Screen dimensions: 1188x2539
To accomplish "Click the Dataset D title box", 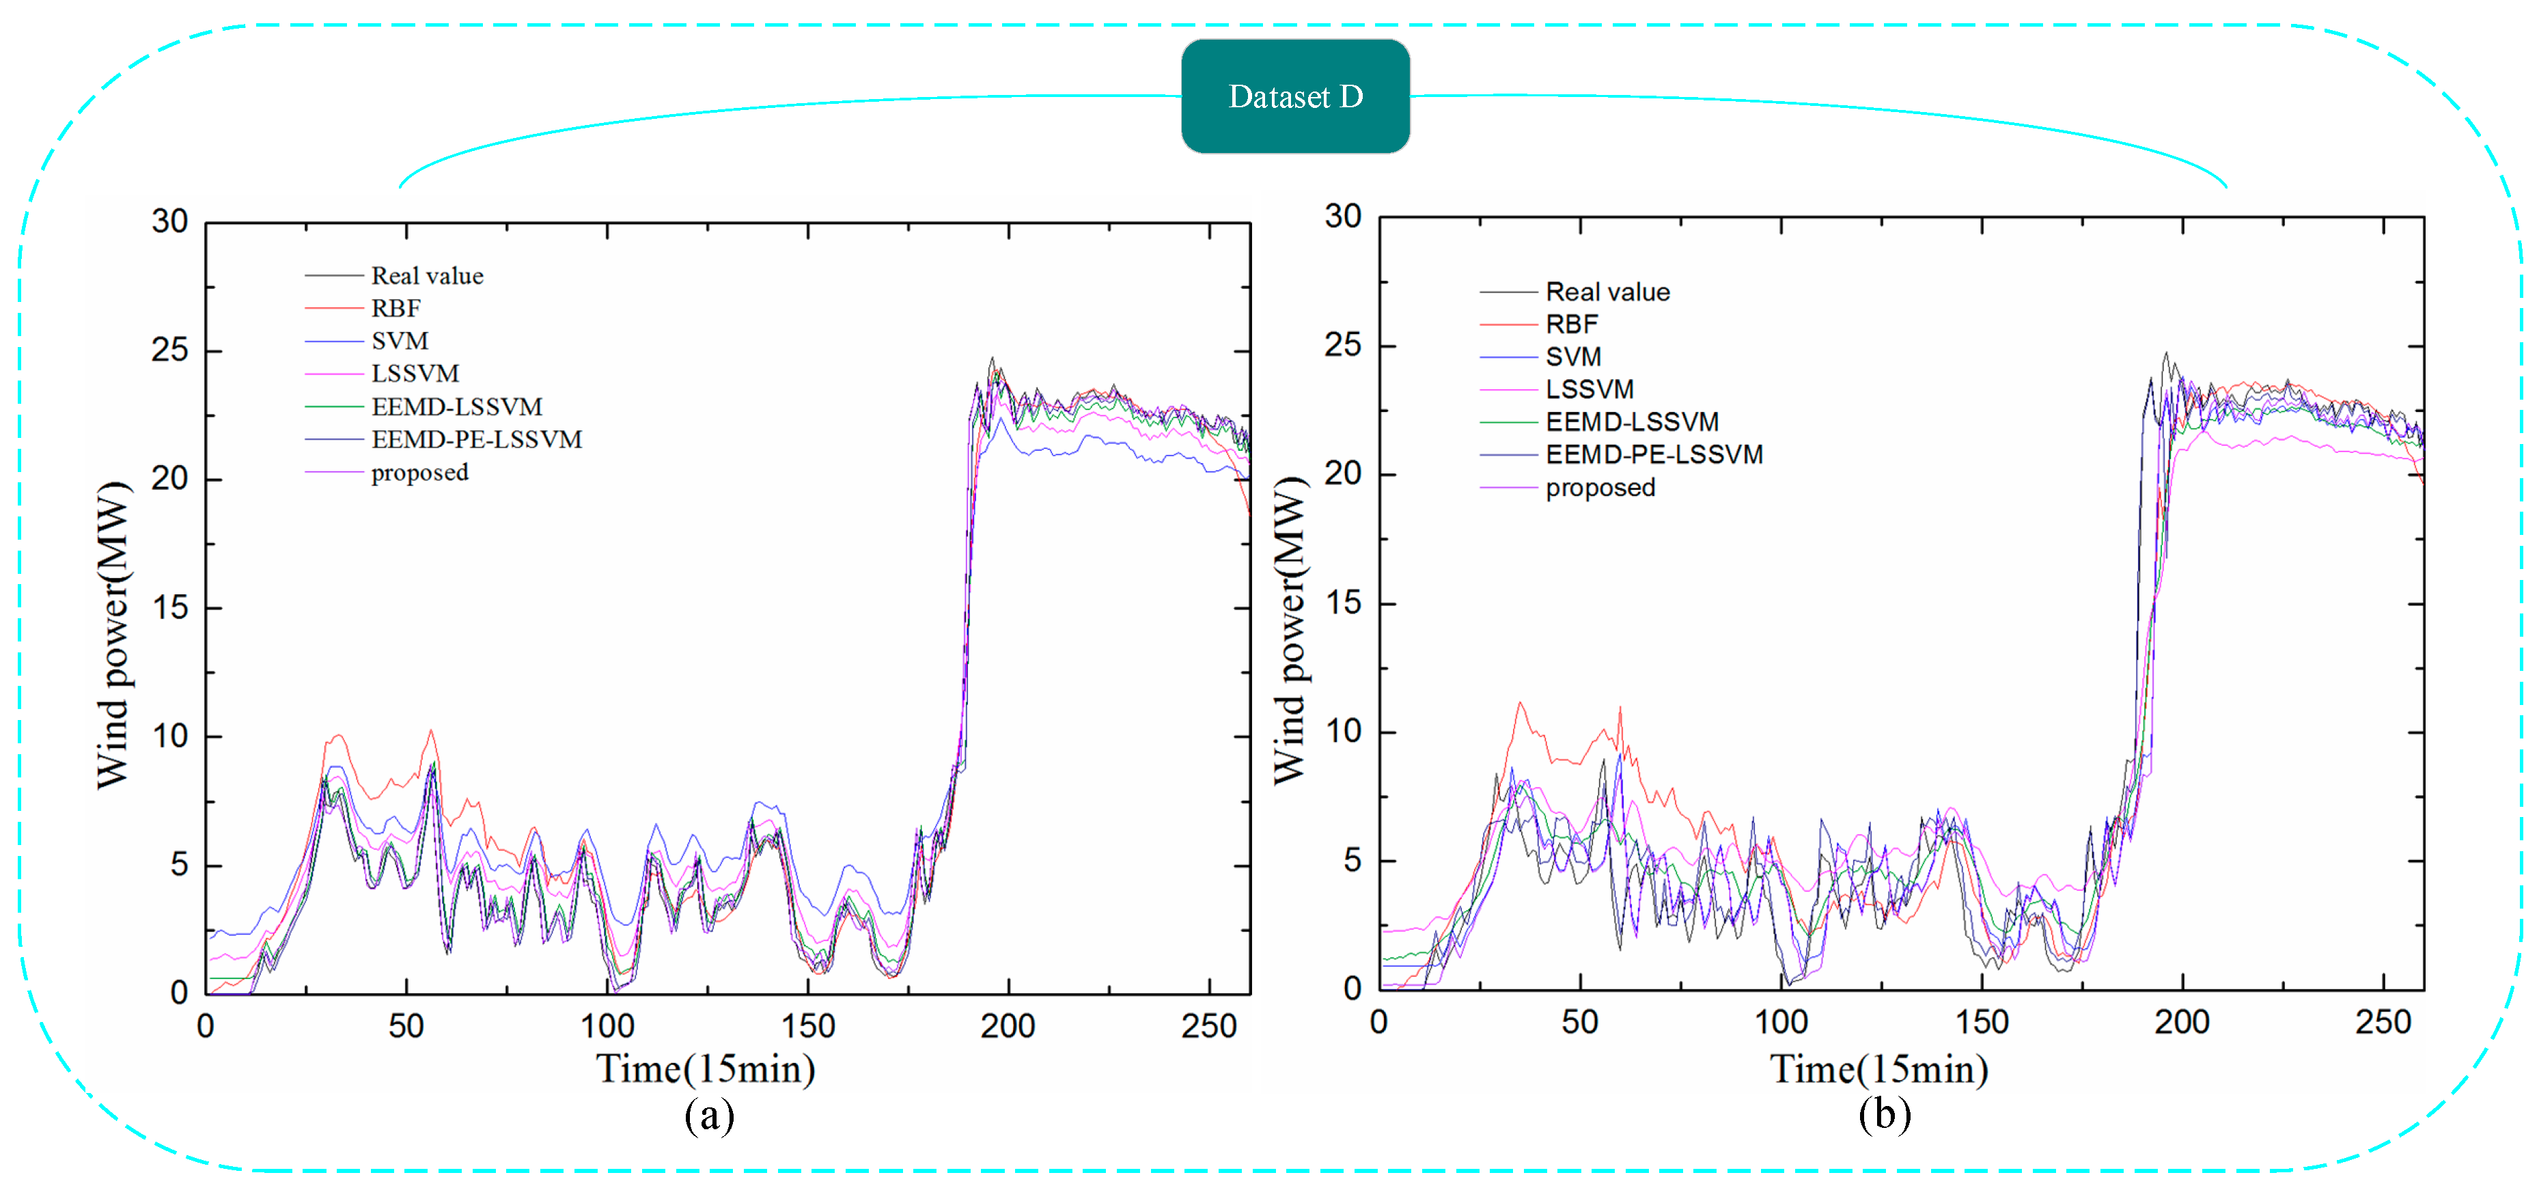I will click(x=1295, y=96).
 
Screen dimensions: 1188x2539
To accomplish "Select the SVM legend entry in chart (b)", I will click(x=1573, y=357).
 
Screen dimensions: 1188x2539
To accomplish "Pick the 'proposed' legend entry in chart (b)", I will click(x=1600, y=488).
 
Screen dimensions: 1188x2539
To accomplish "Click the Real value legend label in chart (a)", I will click(x=427, y=276).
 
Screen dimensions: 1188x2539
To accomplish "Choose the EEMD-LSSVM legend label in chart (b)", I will click(x=1631, y=422).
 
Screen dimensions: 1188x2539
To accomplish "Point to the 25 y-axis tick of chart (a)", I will click(x=169, y=350).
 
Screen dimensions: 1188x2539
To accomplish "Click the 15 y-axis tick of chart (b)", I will click(x=1342, y=603).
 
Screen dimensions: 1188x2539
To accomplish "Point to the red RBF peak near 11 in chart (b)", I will click(x=1520, y=704).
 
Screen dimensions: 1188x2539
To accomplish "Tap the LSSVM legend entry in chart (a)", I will click(x=414, y=374).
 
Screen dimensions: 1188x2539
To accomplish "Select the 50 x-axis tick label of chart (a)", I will click(x=405, y=1026).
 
